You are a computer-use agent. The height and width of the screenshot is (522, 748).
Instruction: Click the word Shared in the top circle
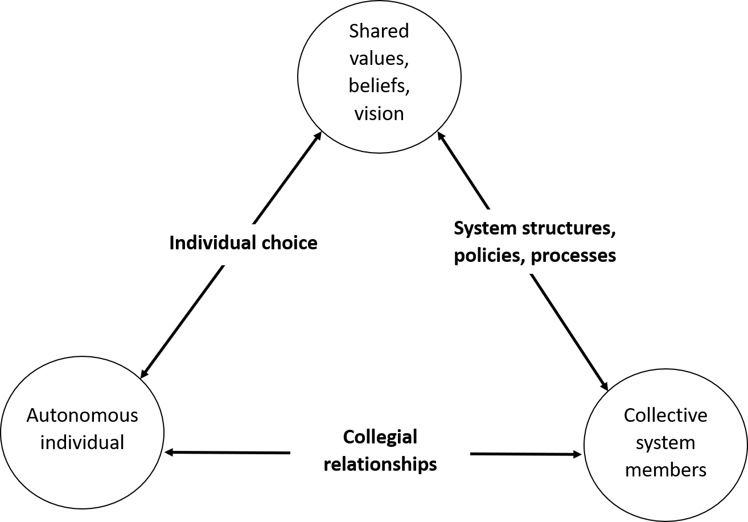[x=379, y=31]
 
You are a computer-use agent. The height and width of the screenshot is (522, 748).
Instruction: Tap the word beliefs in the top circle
[x=379, y=85]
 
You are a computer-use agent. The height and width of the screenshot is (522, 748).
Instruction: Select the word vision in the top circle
[x=379, y=113]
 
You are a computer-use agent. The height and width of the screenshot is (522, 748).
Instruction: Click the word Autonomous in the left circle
[x=83, y=415]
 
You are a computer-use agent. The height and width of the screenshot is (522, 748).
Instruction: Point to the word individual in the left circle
[x=83, y=442]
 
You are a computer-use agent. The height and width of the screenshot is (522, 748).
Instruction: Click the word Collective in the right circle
[x=665, y=415]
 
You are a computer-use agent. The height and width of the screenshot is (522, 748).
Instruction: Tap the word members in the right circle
[x=665, y=470]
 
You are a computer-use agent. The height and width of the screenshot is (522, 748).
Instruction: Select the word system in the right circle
[x=665, y=442]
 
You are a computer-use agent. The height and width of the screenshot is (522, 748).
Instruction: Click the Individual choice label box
[x=243, y=243]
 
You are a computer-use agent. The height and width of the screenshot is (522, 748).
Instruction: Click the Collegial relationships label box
[x=380, y=450]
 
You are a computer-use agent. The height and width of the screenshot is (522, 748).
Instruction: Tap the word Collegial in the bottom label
[x=380, y=437]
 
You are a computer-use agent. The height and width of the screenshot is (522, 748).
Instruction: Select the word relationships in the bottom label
[x=380, y=464]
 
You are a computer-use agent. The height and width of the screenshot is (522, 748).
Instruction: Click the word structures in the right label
[x=575, y=228]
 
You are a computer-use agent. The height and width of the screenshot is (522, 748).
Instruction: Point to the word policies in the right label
[x=488, y=256]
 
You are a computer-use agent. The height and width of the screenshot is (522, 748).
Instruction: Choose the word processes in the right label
[x=573, y=256]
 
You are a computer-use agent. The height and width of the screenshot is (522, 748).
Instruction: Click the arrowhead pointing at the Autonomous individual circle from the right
[x=168, y=453]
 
